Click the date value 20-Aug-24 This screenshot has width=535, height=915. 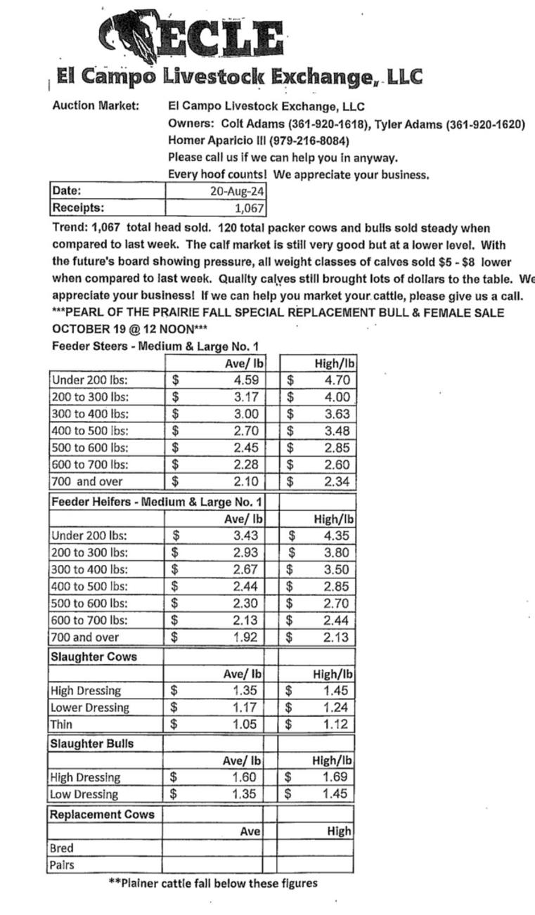pyautogui.click(x=237, y=190)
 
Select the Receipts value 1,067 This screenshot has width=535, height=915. pyautogui.click(x=249, y=207)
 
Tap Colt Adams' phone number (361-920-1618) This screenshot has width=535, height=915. pyautogui.click(x=325, y=124)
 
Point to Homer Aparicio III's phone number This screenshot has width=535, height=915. pyautogui.click(x=309, y=141)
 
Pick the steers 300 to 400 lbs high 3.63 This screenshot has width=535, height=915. pyautogui.click(x=337, y=414)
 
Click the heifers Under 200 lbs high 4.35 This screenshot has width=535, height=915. pyautogui.click(x=337, y=536)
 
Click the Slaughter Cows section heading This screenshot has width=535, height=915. pyautogui.click(x=94, y=657)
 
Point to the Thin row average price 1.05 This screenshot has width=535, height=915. pyautogui.click(x=245, y=725)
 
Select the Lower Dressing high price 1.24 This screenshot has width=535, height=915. pyautogui.click(x=336, y=708)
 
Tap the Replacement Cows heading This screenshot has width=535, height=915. pyautogui.click(x=102, y=815)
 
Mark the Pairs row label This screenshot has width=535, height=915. pyautogui.click(x=62, y=865)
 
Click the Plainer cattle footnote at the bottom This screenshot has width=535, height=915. pyautogui.click(x=213, y=883)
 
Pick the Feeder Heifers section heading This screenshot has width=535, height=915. pyautogui.click(x=156, y=502)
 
